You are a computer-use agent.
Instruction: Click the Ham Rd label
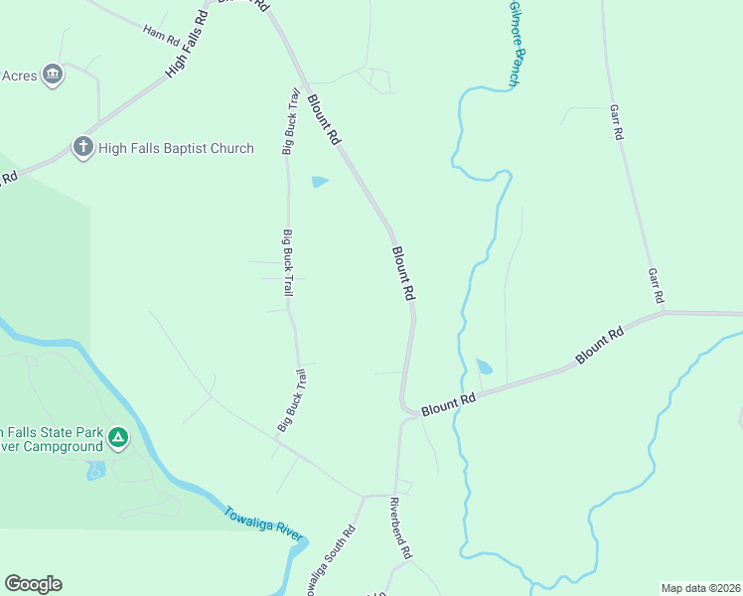pos(161,37)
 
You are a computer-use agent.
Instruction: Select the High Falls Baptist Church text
pos(176,148)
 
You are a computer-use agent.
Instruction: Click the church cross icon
pos(82,148)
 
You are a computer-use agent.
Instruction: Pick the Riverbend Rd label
pos(399,526)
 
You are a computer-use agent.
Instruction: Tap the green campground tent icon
pos(117,437)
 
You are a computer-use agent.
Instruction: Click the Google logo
pos(33,584)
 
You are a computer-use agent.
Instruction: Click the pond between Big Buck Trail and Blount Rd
pos(319,182)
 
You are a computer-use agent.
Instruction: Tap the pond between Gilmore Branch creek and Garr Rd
pos(484,367)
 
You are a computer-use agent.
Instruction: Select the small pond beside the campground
pos(95,469)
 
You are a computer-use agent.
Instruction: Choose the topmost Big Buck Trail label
pos(292,121)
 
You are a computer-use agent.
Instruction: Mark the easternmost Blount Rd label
pos(598,345)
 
